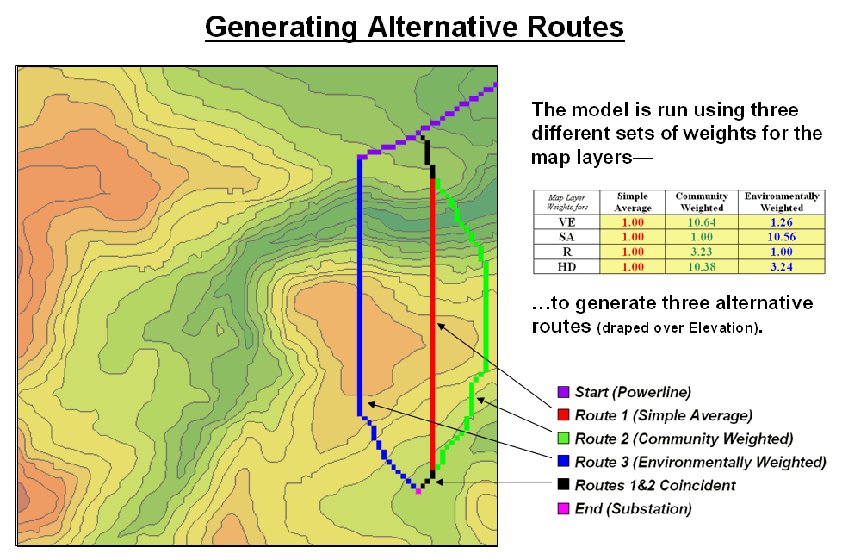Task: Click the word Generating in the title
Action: (x=282, y=27)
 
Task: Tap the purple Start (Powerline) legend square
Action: (x=563, y=392)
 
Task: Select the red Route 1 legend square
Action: (x=563, y=415)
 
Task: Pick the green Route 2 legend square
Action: (x=563, y=438)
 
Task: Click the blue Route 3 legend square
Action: (x=563, y=461)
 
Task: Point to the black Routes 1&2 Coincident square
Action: (x=563, y=484)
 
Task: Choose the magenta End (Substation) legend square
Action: (x=563, y=508)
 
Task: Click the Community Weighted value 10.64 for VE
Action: (x=702, y=222)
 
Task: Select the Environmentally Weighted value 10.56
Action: (x=782, y=237)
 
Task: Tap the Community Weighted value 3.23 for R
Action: (x=702, y=252)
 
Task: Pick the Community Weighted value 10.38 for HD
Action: (x=702, y=266)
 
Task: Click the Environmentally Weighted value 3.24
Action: (x=782, y=266)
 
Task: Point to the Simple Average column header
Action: (x=633, y=202)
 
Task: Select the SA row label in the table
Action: (x=566, y=237)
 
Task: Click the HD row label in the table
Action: (x=566, y=266)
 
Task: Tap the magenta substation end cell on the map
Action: (x=418, y=491)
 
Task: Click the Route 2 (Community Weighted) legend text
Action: (x=684, y=439)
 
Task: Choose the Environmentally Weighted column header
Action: (x=782, y=202)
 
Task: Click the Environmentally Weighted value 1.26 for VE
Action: (x=782, y=222)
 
